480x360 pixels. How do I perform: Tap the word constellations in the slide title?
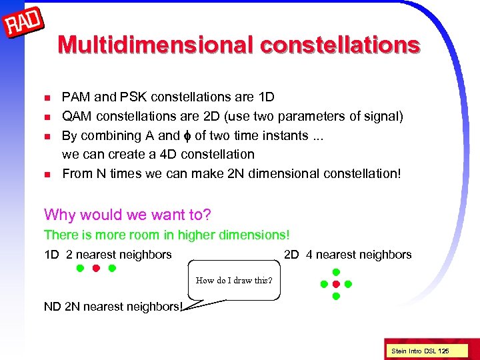340,44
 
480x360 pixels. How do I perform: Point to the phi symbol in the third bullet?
187,136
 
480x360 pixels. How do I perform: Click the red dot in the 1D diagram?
95,269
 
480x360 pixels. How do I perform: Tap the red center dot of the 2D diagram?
336,284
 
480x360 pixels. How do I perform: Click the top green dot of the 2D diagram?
336,272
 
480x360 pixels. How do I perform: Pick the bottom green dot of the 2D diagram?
336,296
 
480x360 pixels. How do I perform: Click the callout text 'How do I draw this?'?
234,280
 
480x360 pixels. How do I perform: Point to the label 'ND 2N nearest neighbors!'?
114,307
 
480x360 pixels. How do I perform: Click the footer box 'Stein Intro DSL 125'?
420,351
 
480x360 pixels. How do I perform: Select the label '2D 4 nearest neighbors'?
347,254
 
